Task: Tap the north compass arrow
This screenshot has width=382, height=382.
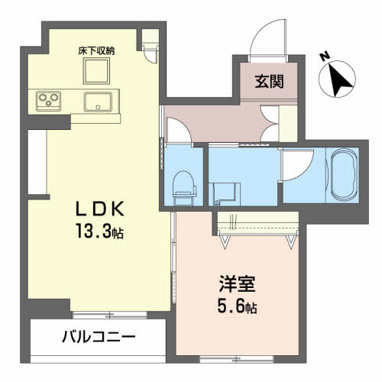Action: pos(340,79)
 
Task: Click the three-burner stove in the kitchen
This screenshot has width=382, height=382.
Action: pos(47,101)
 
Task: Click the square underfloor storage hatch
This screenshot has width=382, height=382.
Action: pos(97,71)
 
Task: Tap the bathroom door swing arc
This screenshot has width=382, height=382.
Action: pos(298,162)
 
